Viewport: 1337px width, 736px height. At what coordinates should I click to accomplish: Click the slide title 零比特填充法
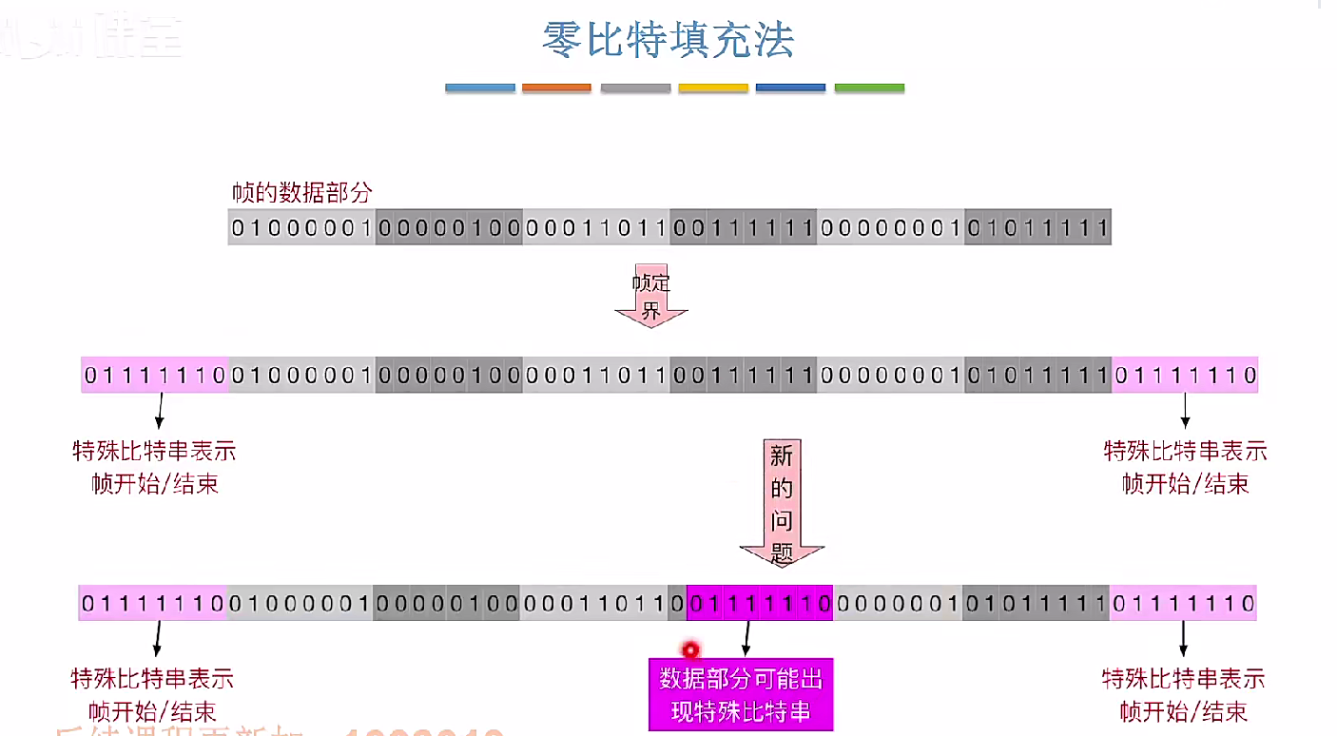(668, 41)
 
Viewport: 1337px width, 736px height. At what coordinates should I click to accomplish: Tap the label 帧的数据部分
(301, 192)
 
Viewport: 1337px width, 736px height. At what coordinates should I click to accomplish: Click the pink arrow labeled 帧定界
(651, 297)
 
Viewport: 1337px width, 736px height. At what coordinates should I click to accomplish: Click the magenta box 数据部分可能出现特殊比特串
(741, 695)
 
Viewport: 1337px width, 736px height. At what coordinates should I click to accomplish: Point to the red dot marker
(690, 650)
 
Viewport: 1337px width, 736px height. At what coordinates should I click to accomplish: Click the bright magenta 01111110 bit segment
(760, 603)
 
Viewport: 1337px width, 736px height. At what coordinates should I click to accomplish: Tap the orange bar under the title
(556, 87)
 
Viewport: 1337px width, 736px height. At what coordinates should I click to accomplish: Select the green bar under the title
(869, 87)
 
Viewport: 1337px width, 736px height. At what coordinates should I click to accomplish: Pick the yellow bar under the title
(713, 87)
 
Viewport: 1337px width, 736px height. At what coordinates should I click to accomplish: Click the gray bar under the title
(635, 87)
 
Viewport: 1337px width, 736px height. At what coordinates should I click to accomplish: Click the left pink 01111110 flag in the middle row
(154, 376)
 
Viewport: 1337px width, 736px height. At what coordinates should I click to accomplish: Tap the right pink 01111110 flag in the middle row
(1185, 376)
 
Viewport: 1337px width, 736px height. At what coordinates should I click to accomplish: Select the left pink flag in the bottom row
(152, 603)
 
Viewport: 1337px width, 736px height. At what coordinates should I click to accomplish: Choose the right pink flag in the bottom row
(1183, 603)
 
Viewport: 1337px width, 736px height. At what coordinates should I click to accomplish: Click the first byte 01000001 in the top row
(302, 228)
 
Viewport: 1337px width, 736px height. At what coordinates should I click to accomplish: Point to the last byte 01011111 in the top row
(1037, 228)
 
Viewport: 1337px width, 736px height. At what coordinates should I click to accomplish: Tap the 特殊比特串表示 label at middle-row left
(154, 450)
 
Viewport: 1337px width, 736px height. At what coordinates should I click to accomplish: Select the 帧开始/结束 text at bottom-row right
(1183, 710)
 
